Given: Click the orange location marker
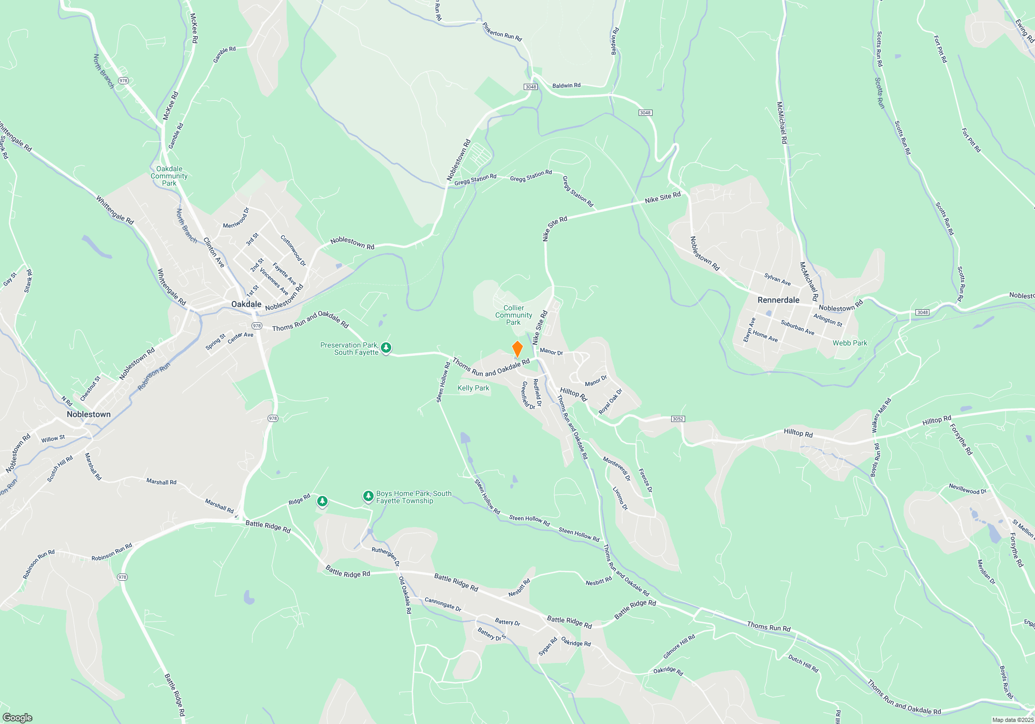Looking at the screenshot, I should click(x=517, y=349).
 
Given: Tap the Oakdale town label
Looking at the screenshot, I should click(x=246, y=304).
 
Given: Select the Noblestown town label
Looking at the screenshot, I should click(x=88, y=414).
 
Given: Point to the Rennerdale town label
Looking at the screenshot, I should click(x=778, y=300).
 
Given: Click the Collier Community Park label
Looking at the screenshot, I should click(x=513, y=315).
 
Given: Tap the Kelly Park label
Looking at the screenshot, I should click(x=473, y=388).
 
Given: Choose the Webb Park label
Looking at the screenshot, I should click(x=850, y=343).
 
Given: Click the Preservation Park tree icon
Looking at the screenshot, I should click(x=386, y=348).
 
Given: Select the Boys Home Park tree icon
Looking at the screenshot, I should click(x=368, y=496).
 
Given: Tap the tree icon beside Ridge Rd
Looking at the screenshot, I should click(x=322, y=501).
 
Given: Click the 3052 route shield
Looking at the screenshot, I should click(x=678, y=419).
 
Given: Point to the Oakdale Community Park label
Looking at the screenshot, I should click(x=169, y=176).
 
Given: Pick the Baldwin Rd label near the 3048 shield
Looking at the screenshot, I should click(x=566, y=85).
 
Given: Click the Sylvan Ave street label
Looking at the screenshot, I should click(x=777, y=279).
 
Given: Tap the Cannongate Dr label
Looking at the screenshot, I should click(x=442, y=604).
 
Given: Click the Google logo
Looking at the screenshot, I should click(x=18, y=718).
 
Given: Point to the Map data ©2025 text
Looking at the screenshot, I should click(x=1013, y=720).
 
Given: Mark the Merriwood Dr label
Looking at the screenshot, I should click(x=236, y=218).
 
